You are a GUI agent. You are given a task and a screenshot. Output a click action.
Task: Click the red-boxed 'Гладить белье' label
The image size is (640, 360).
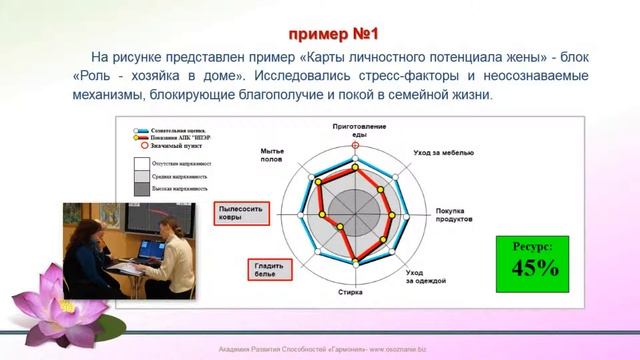coord(263,269)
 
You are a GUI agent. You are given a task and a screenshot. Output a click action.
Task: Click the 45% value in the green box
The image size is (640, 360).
coord(535,267)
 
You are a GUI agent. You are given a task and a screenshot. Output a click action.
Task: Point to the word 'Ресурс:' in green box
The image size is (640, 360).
coord(535,243)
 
